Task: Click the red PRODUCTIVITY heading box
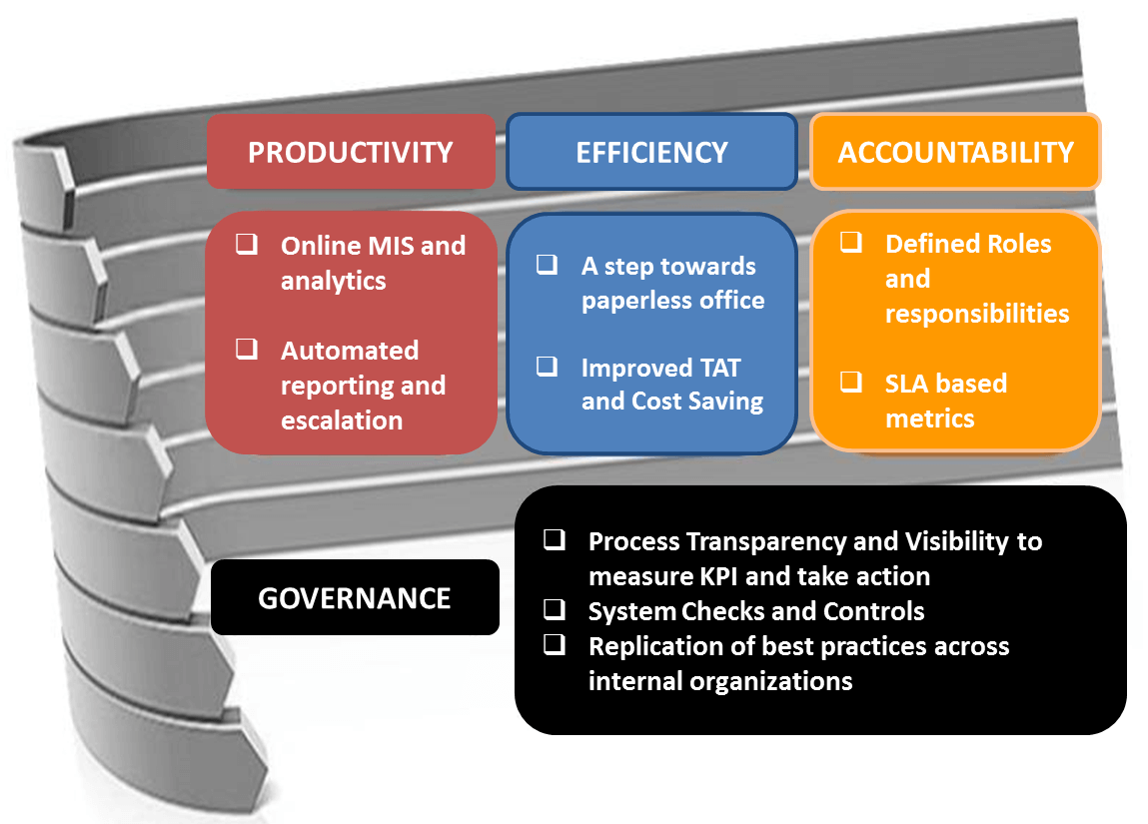(x=351, y=152)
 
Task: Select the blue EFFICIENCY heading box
(x=651, y=152)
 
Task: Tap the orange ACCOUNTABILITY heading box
(x=955, y=152)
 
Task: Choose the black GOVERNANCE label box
(x=355, y=597)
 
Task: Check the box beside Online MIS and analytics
(x=247, y=244)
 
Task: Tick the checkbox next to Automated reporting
(x=247, y=349)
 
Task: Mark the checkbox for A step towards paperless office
(x=547, y=264)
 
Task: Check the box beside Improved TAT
(x=547, y=366)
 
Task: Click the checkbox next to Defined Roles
(x=850, y=242)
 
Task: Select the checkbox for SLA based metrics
(x=850, y=382)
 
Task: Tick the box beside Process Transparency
(x=555, y=539)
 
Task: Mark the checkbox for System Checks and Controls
(x=555, y=609)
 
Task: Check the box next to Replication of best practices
(x=555, y=644)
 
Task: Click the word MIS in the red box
(x=390, y=246)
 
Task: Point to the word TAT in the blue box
(x=720, y=368)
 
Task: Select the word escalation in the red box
(x=342, y=420)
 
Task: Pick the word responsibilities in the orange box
(x=977, y=314)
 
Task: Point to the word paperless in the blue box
(x=633, y=301)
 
